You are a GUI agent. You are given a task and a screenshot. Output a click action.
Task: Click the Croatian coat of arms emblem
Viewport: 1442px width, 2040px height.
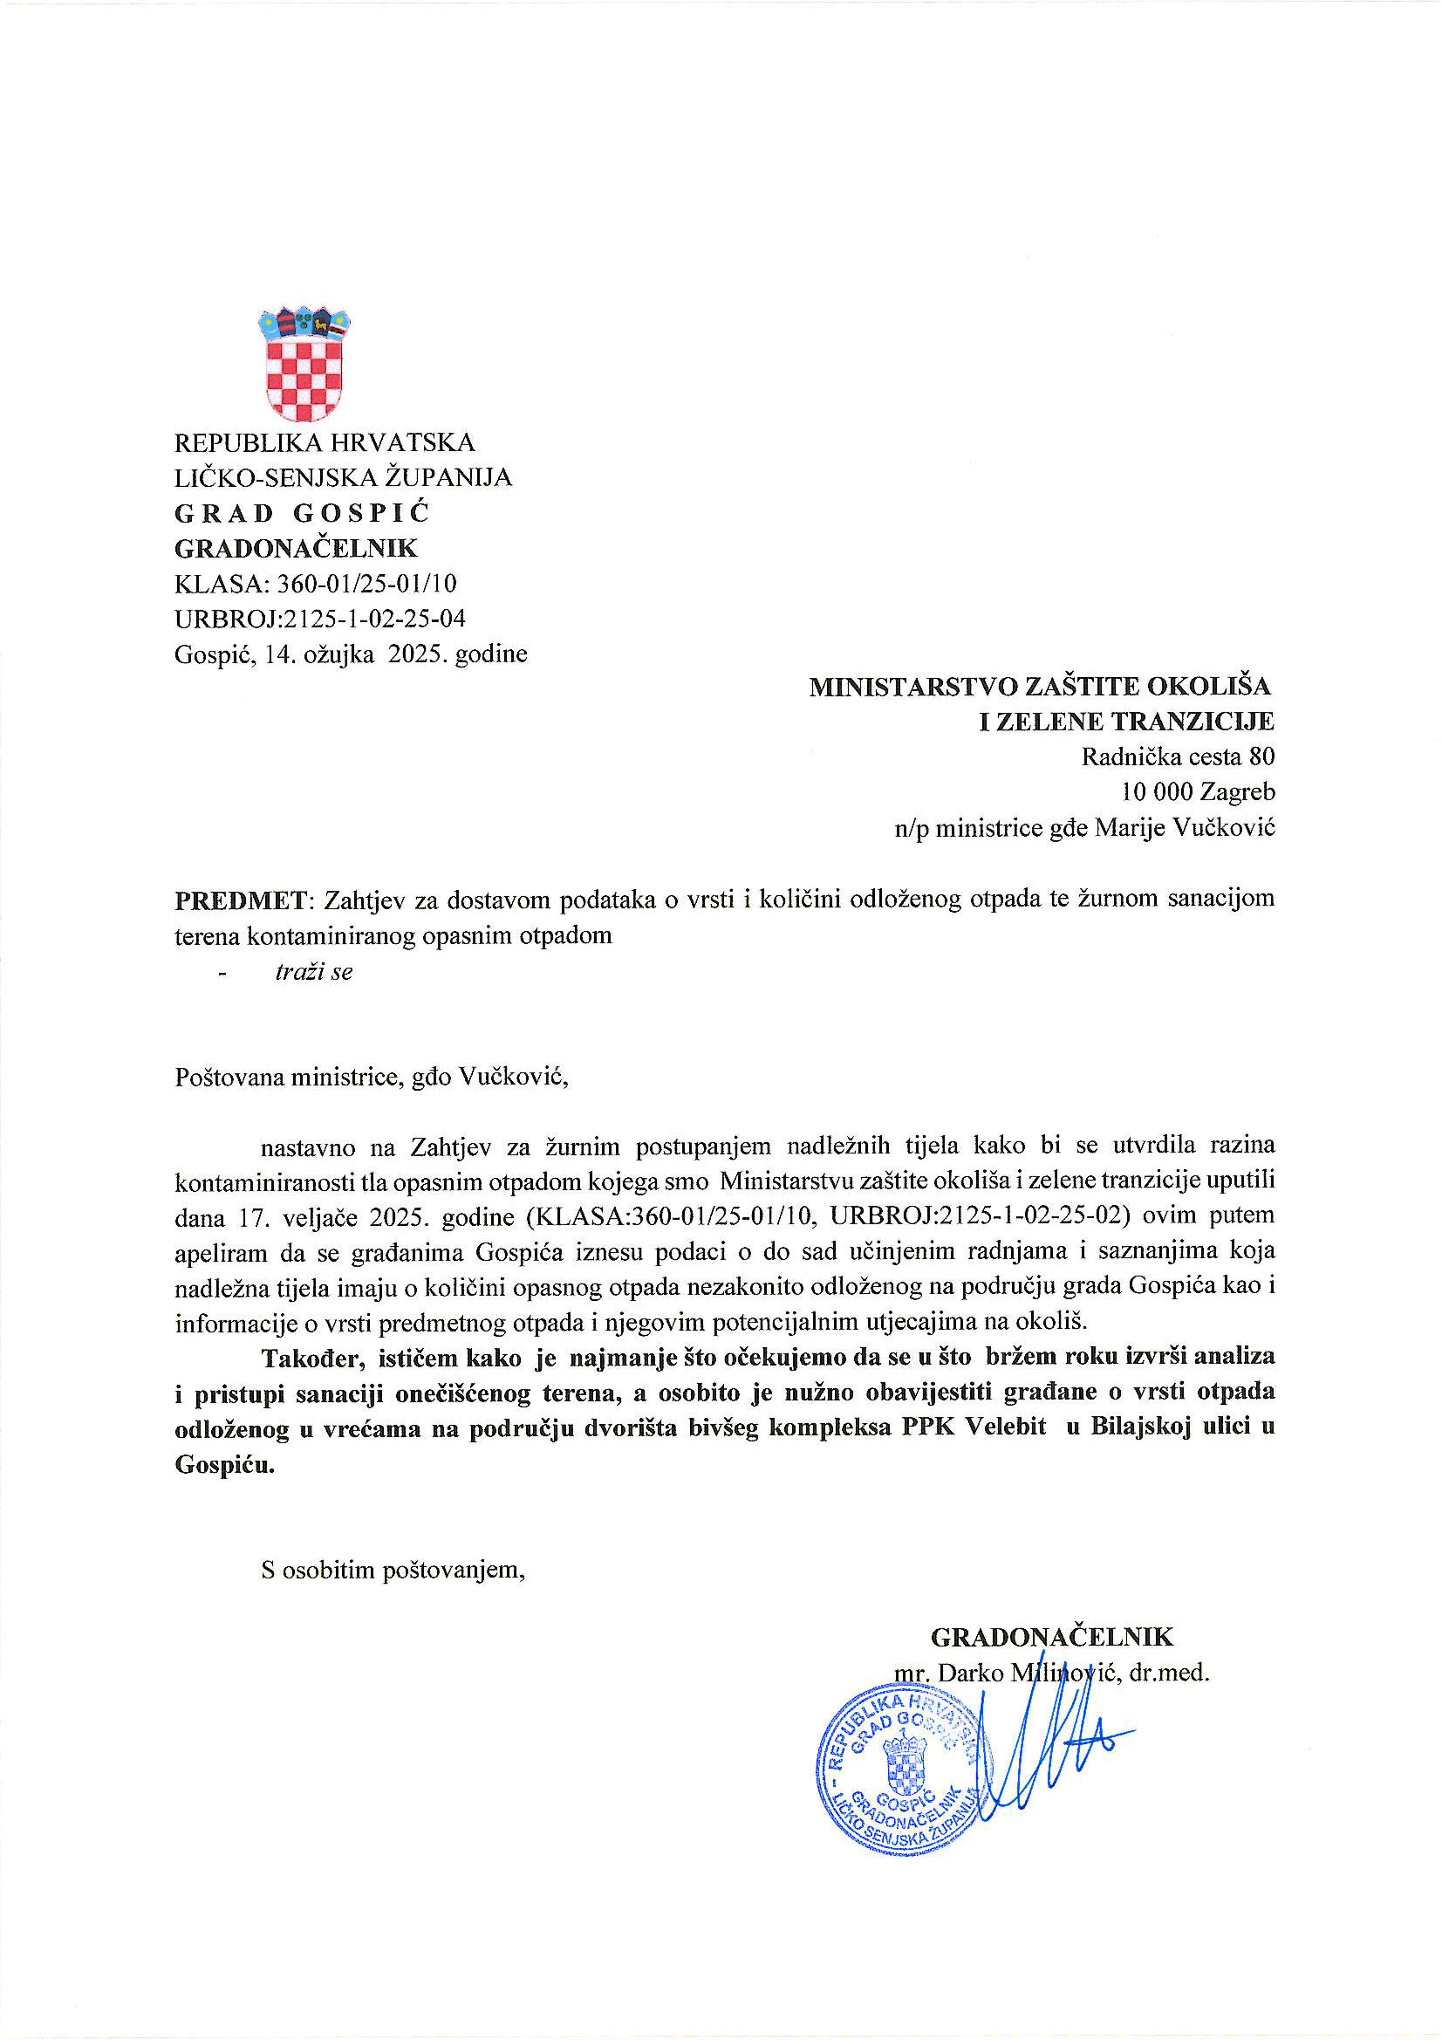tap(304, 365)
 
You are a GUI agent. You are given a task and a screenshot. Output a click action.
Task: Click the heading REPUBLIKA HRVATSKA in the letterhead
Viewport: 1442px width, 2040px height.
tap(325, 442)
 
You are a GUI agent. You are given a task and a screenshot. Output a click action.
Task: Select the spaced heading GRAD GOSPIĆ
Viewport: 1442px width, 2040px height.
tap(302, 514)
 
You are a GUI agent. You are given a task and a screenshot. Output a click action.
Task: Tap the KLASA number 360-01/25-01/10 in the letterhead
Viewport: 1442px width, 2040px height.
tap(367, 584)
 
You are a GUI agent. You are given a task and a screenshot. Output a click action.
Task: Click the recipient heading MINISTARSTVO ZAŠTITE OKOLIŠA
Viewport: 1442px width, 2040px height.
tap(1040, 686)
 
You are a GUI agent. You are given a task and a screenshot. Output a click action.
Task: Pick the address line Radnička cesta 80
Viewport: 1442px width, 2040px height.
tap(1177, 757)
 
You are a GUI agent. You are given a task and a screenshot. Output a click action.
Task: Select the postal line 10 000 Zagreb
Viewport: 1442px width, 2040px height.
tap(1198, 791)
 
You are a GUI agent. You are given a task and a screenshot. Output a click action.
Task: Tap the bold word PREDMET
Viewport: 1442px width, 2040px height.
tap(240, 900)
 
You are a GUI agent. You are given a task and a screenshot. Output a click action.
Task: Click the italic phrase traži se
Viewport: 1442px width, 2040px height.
tap(314, 972)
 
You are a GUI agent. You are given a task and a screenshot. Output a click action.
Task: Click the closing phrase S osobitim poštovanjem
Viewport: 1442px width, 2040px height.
tap(393, 1570)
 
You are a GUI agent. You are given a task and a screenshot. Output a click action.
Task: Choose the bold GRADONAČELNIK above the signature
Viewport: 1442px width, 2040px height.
tap(1052, 1637)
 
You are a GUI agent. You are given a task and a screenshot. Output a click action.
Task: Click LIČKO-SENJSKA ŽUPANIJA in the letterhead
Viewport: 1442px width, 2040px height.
tap(343, 478)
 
